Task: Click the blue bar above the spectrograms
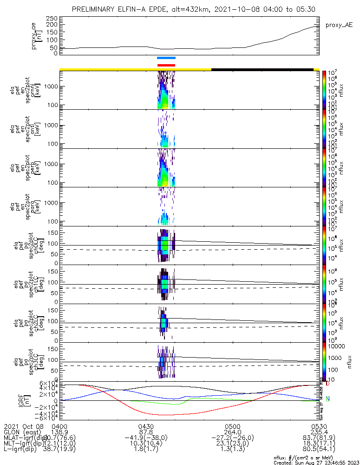[x=166, y=58]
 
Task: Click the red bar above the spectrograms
[x=166, y=65]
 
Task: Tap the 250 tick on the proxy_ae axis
[x=51, y=18]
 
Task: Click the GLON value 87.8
[x=146, y=432]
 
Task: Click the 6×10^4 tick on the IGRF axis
[x=50, y=384]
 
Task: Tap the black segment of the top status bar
[x=262, y=69]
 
